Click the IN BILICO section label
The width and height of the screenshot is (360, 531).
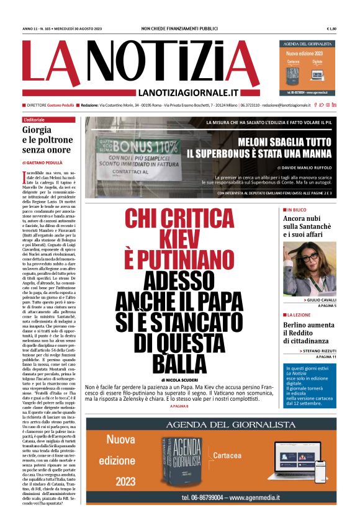(299, 210)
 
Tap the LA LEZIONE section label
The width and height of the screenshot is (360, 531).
(300, 315)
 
